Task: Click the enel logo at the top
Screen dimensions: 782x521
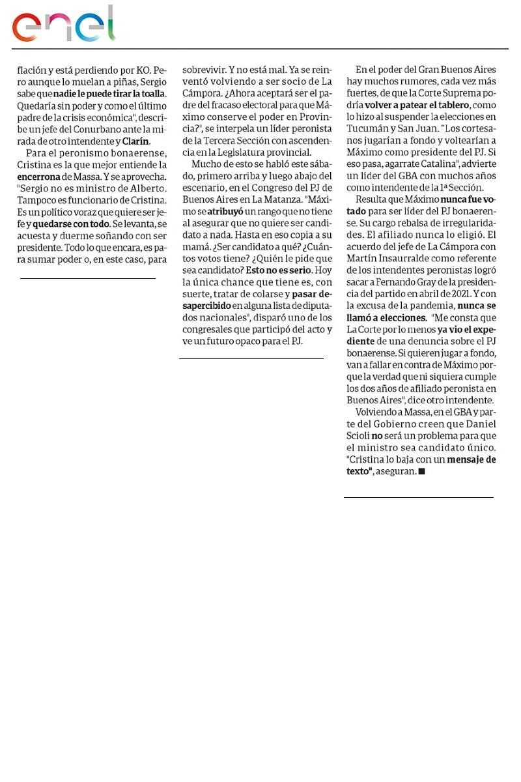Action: click(63, 24)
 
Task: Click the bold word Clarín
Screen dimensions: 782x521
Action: click(136, 141)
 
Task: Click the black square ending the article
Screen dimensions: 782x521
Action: click(422, 471)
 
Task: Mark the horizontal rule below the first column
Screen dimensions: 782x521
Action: click(88, 279)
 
